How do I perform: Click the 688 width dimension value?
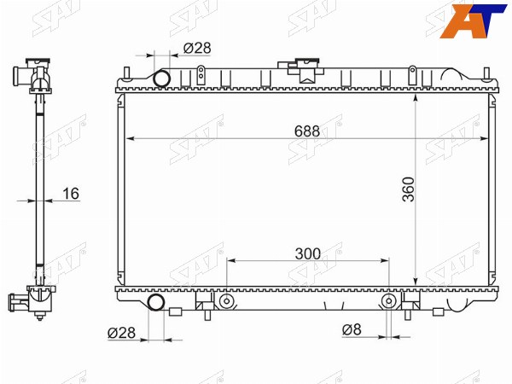click(307, 131)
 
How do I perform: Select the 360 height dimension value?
click(408, 189)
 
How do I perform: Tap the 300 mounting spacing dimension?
click(308, 253)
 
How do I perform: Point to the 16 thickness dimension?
click(71, 194)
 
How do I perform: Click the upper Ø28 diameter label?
click(197, 48)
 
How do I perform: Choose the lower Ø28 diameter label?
click(121, 333)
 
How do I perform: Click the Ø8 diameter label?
click(352, 329)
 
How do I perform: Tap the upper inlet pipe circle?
click(161, 79)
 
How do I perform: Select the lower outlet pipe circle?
click(156, 302)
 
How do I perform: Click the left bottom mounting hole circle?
click(225, 301)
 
